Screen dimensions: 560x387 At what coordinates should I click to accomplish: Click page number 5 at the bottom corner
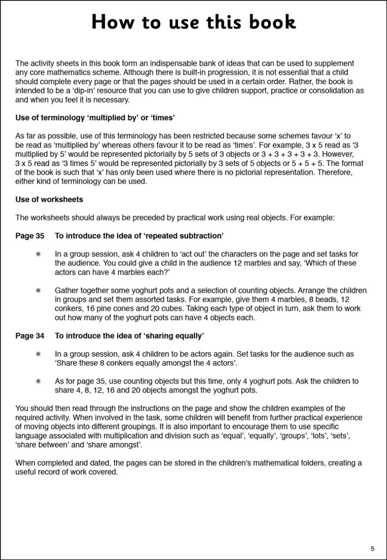[x=372, y=548]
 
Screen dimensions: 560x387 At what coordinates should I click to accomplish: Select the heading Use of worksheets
[x=49, y=199]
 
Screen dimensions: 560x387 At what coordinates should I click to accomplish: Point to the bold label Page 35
[x=30, y=236]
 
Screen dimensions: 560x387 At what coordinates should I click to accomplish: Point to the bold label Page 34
[x=30, y=336]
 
